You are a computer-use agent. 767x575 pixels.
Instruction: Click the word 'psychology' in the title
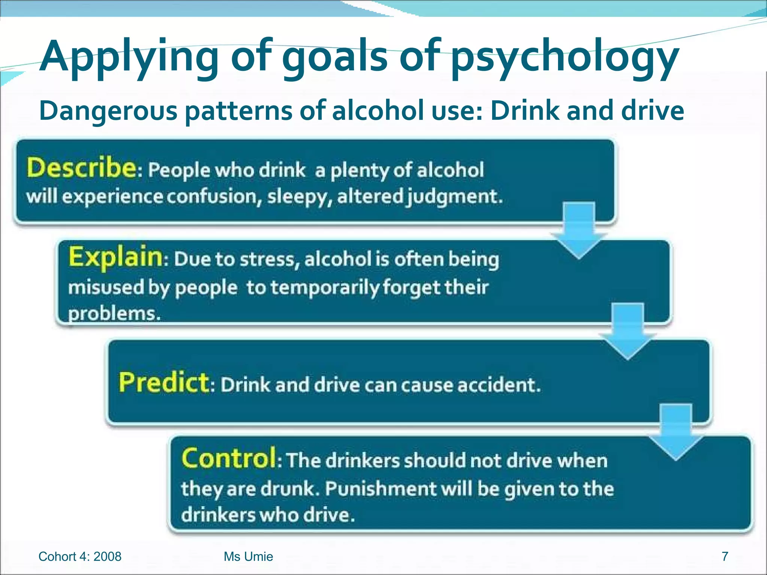coord(565,58)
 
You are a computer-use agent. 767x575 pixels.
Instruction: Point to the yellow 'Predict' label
coord(164,383)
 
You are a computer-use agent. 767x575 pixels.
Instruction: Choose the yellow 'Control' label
coord(229,458)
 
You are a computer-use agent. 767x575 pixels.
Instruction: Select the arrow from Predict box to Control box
coord(676,431)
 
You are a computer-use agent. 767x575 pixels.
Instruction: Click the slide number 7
coord(725,556)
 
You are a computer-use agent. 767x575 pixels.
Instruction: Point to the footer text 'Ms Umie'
coord(248,557)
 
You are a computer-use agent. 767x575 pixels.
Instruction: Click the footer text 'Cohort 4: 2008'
coord(80,557)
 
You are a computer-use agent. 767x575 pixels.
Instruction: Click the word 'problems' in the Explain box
coord(114,314)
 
